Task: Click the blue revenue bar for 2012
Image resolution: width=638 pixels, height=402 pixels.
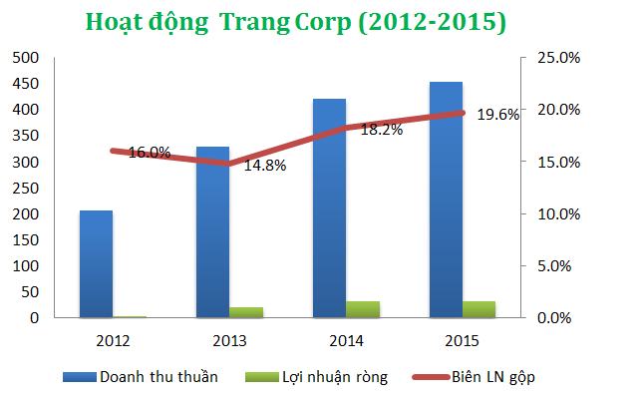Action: coord(96,264)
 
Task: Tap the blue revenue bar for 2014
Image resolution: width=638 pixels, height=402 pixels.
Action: coord(329,208)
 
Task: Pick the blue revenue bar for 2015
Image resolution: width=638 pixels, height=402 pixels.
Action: coord(446,200)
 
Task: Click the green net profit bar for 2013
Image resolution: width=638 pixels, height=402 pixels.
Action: coord(246,312)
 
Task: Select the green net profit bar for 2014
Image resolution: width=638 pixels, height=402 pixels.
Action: coord(363,309)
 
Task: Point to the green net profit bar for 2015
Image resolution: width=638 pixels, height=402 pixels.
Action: coord(479,309)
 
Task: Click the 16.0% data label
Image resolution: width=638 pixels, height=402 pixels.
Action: coord(150,153)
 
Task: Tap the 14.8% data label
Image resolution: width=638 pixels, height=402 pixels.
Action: coord(265,166)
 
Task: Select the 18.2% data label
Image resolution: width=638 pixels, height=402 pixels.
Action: coord(382,130)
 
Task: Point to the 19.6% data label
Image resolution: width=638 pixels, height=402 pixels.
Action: coord(498,115)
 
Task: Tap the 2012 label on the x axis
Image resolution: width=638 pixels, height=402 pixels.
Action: coord(113,340)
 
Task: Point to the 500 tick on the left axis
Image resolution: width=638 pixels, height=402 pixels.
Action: coord(26,58)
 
